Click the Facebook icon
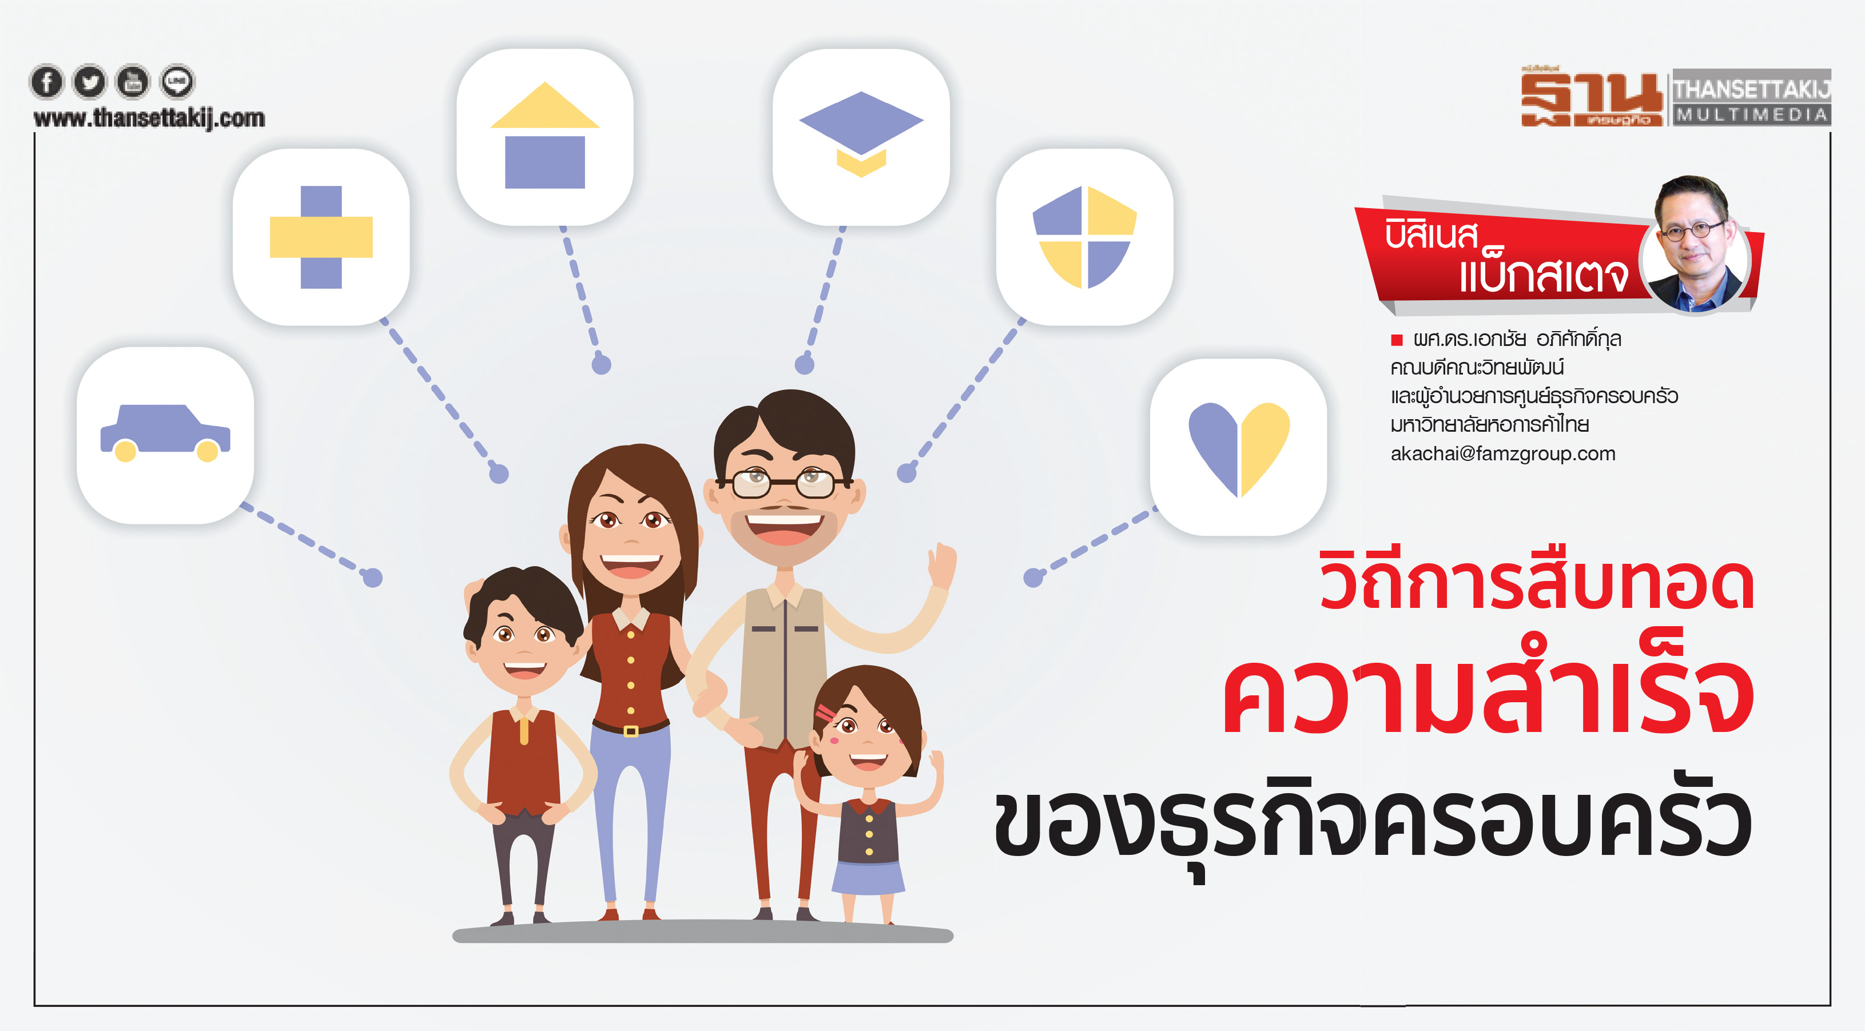pos(47,81)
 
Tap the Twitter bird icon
pos(90,81)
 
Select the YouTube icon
pos(133,81)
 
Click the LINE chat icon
pos(177,81)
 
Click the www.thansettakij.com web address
pos(149,118)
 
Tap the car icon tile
pos(165,435)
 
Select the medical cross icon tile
pos(321,237)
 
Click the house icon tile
pos(544,137)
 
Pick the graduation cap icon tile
pos(861,137)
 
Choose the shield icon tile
pos(1084,237)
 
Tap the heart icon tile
pos(1238,447)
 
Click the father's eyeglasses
pos(784,483)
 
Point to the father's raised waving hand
pos(942,565)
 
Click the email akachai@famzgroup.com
pos(1502,454)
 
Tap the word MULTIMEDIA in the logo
pos(1751,114)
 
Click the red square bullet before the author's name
pos(1397,340)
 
